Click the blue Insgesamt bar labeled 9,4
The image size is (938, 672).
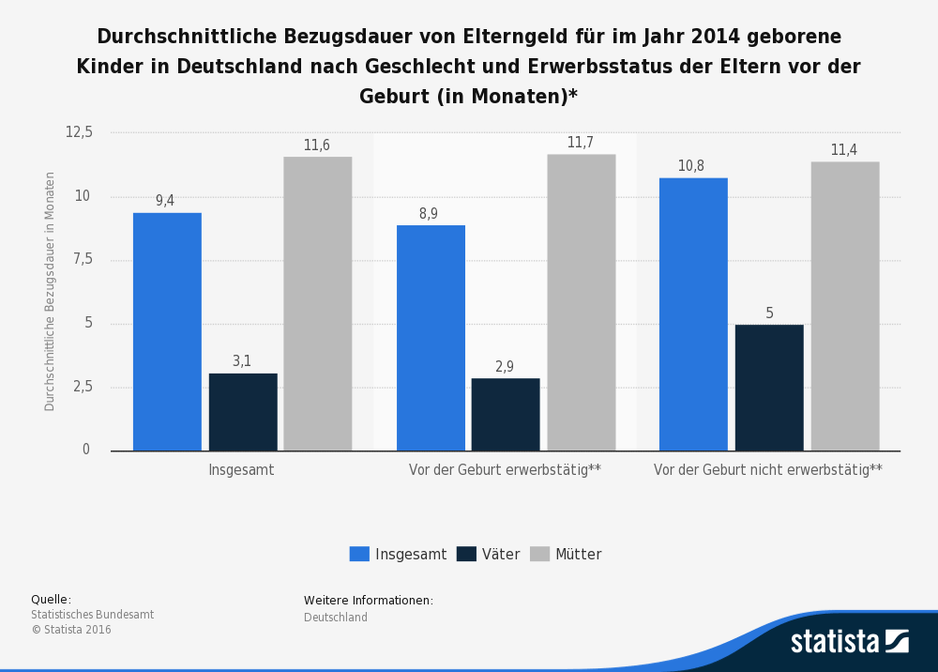(167, 331)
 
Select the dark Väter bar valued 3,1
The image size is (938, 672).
(243, 412)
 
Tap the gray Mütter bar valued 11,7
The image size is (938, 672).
(581, 302)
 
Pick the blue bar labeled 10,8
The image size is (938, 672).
(693, 314)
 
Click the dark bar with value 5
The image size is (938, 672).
(769, 388)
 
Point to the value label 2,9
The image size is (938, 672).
(505, 367)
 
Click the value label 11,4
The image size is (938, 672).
(843, 150)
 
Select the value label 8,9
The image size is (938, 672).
(429, 214)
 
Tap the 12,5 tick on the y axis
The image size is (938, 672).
(79, 132)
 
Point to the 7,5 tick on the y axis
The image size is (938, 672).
(83, 259)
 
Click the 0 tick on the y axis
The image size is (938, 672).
(86, 450)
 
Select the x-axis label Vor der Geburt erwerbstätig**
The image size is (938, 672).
(505, 470)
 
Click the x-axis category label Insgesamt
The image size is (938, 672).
(241, 470)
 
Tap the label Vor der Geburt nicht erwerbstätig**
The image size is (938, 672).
(767, 470)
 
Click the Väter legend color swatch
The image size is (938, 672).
(466, 554)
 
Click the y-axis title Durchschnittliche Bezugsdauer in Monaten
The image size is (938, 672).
(51, 291)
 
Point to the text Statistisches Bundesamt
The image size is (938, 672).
(92, 615)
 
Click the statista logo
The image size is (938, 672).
(849, 642)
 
